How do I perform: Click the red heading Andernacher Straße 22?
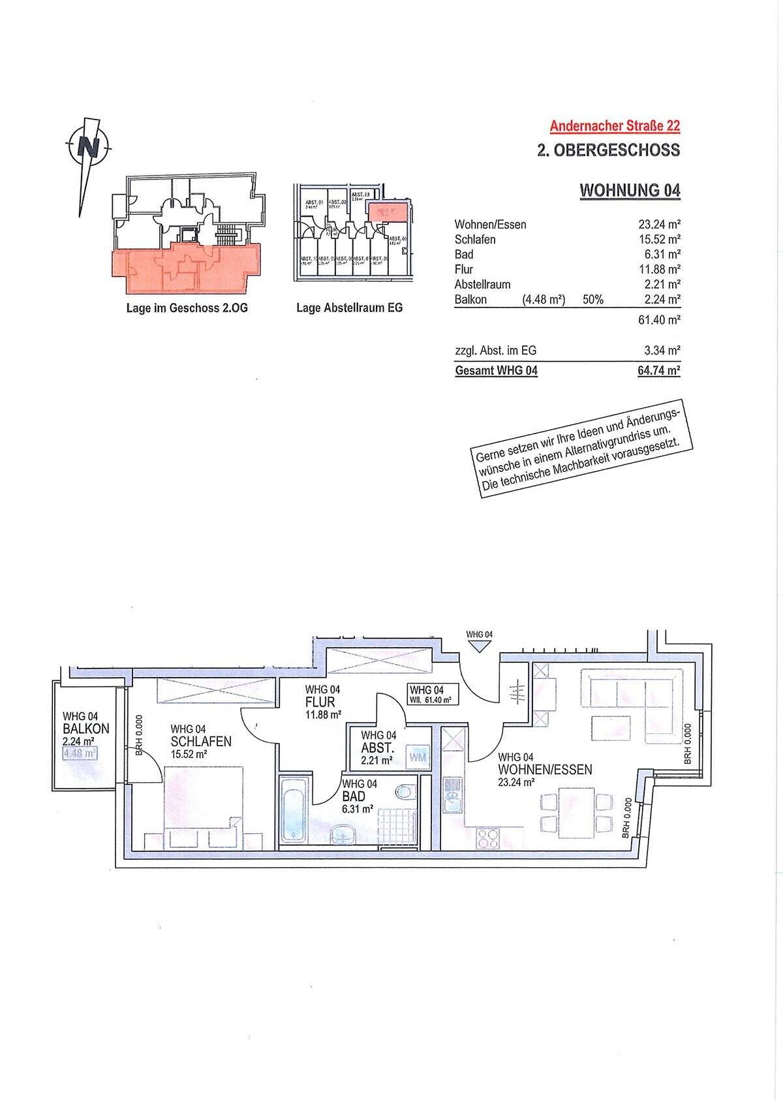coord(615,125)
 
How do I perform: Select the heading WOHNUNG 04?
coord(630,191)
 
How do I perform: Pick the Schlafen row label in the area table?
coord(475,240)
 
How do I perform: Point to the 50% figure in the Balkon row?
coord(592,300)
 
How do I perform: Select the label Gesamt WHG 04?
coord(496,371)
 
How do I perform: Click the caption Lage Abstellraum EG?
coord(349,308)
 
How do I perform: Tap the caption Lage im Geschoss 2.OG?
coord(187,308)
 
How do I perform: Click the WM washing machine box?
coord(418,757)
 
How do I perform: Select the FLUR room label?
coord(320,703)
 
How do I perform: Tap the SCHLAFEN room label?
coord(201,742)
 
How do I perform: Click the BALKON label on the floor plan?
coord(85,729)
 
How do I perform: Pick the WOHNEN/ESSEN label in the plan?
coord(545,770)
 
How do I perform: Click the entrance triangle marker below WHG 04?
coord(480,646)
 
